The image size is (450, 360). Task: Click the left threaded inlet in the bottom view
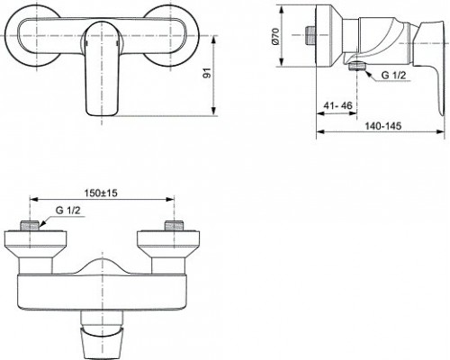pyautogui.click(x=31, y=227)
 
